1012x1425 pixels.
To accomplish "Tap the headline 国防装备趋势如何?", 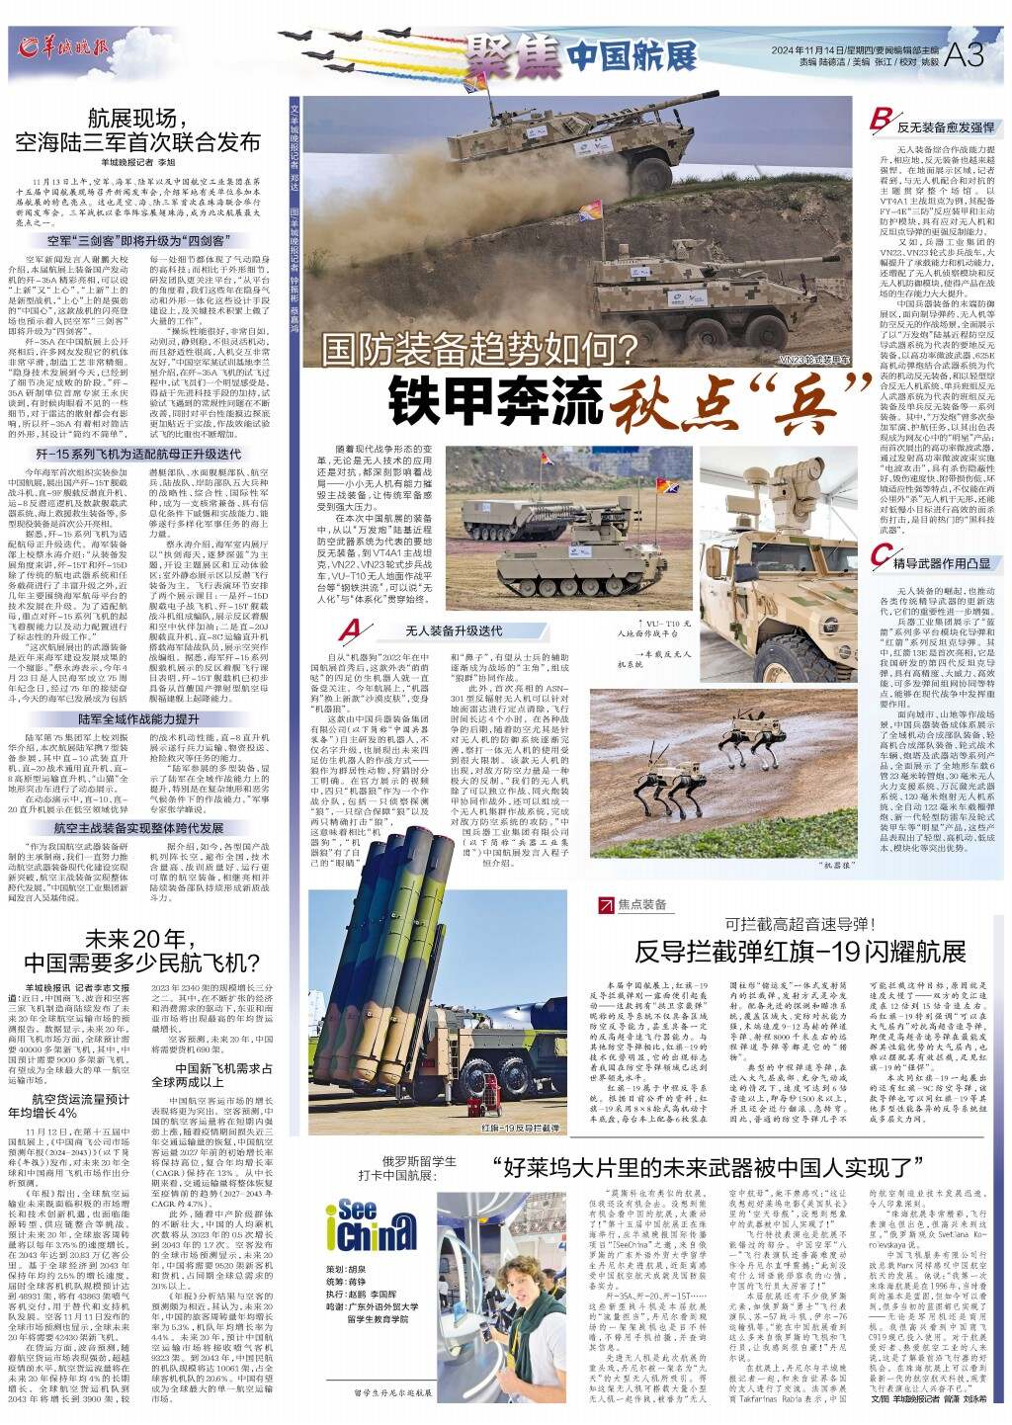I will pyautogui.click(x=478, y=348).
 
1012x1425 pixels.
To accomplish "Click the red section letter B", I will pyautogui.click(x=877, y=122).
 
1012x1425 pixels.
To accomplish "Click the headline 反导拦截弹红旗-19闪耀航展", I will pyautogui.click(x=800, y=952).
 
